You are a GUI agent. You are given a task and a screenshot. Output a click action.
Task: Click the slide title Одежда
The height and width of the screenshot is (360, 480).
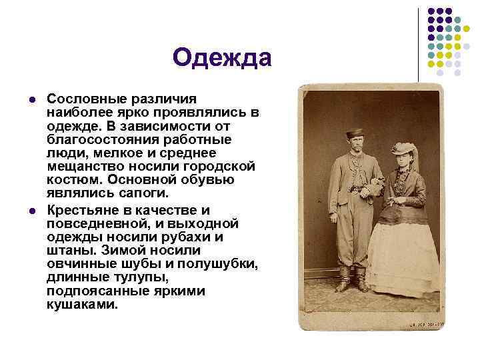pyautogui.click(x=222, y=58)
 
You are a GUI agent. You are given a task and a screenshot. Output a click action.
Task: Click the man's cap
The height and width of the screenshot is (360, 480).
pyautogui.click(x=355, y=133)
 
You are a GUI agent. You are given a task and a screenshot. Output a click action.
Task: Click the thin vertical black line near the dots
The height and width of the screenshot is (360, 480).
pyautogui.click(x=419, y=40)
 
